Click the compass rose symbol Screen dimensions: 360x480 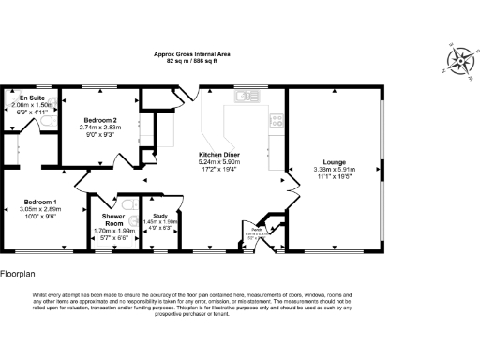tap(459, 61)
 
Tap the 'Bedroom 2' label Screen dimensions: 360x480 tap(100, 120)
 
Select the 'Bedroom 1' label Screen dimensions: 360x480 tap(40, 202)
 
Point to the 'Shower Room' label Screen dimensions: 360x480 tap(113, 219)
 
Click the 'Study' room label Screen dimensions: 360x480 tap(159, 216)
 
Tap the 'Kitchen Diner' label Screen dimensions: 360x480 tap(220, 154)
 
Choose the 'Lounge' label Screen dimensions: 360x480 tap(335, 161)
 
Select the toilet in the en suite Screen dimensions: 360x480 tap(55, 119)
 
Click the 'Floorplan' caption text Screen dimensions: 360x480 tap(19, 275)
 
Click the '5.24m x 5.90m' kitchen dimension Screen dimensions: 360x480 tap(220, 161)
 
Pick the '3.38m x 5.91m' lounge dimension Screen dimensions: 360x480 tap(335, 169)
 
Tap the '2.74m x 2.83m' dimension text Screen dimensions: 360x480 tap(100, 127)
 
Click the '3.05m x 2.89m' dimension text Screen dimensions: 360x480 tap(40, 210)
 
